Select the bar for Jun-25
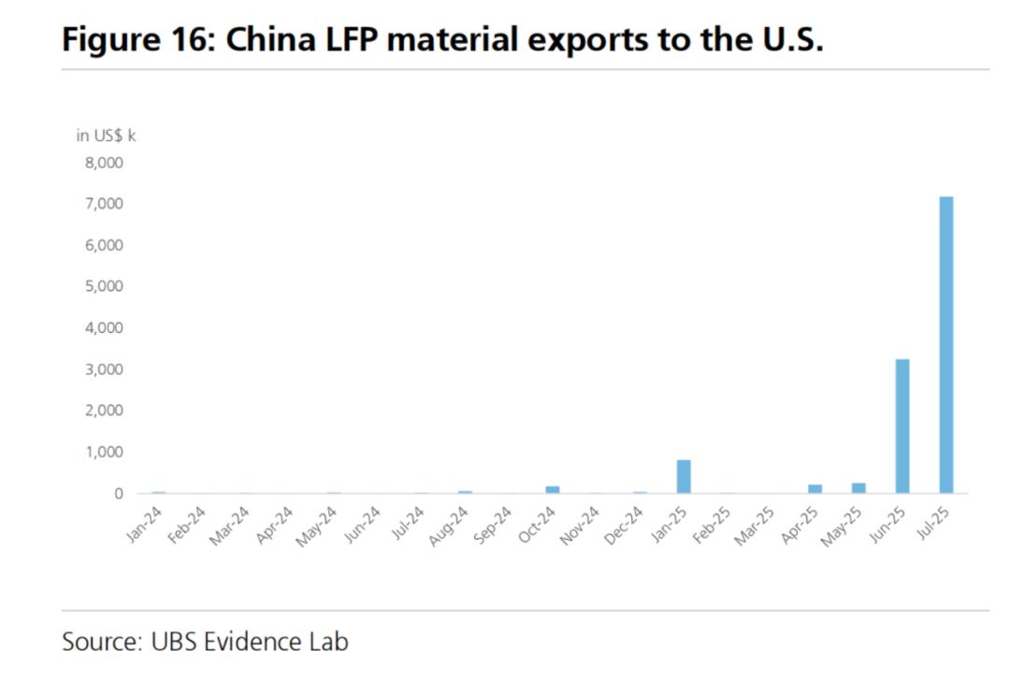click(902, 426)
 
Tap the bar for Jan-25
click(684, 476)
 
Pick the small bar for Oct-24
click(553, 489)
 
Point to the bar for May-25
click(858, 488)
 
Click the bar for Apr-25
click(815, 488)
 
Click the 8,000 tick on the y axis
click(104, 163)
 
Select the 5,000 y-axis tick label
click(104, 286)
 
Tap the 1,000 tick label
click(104, 452)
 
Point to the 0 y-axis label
click(118, 493)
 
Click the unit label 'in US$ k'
click(106, 136)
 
